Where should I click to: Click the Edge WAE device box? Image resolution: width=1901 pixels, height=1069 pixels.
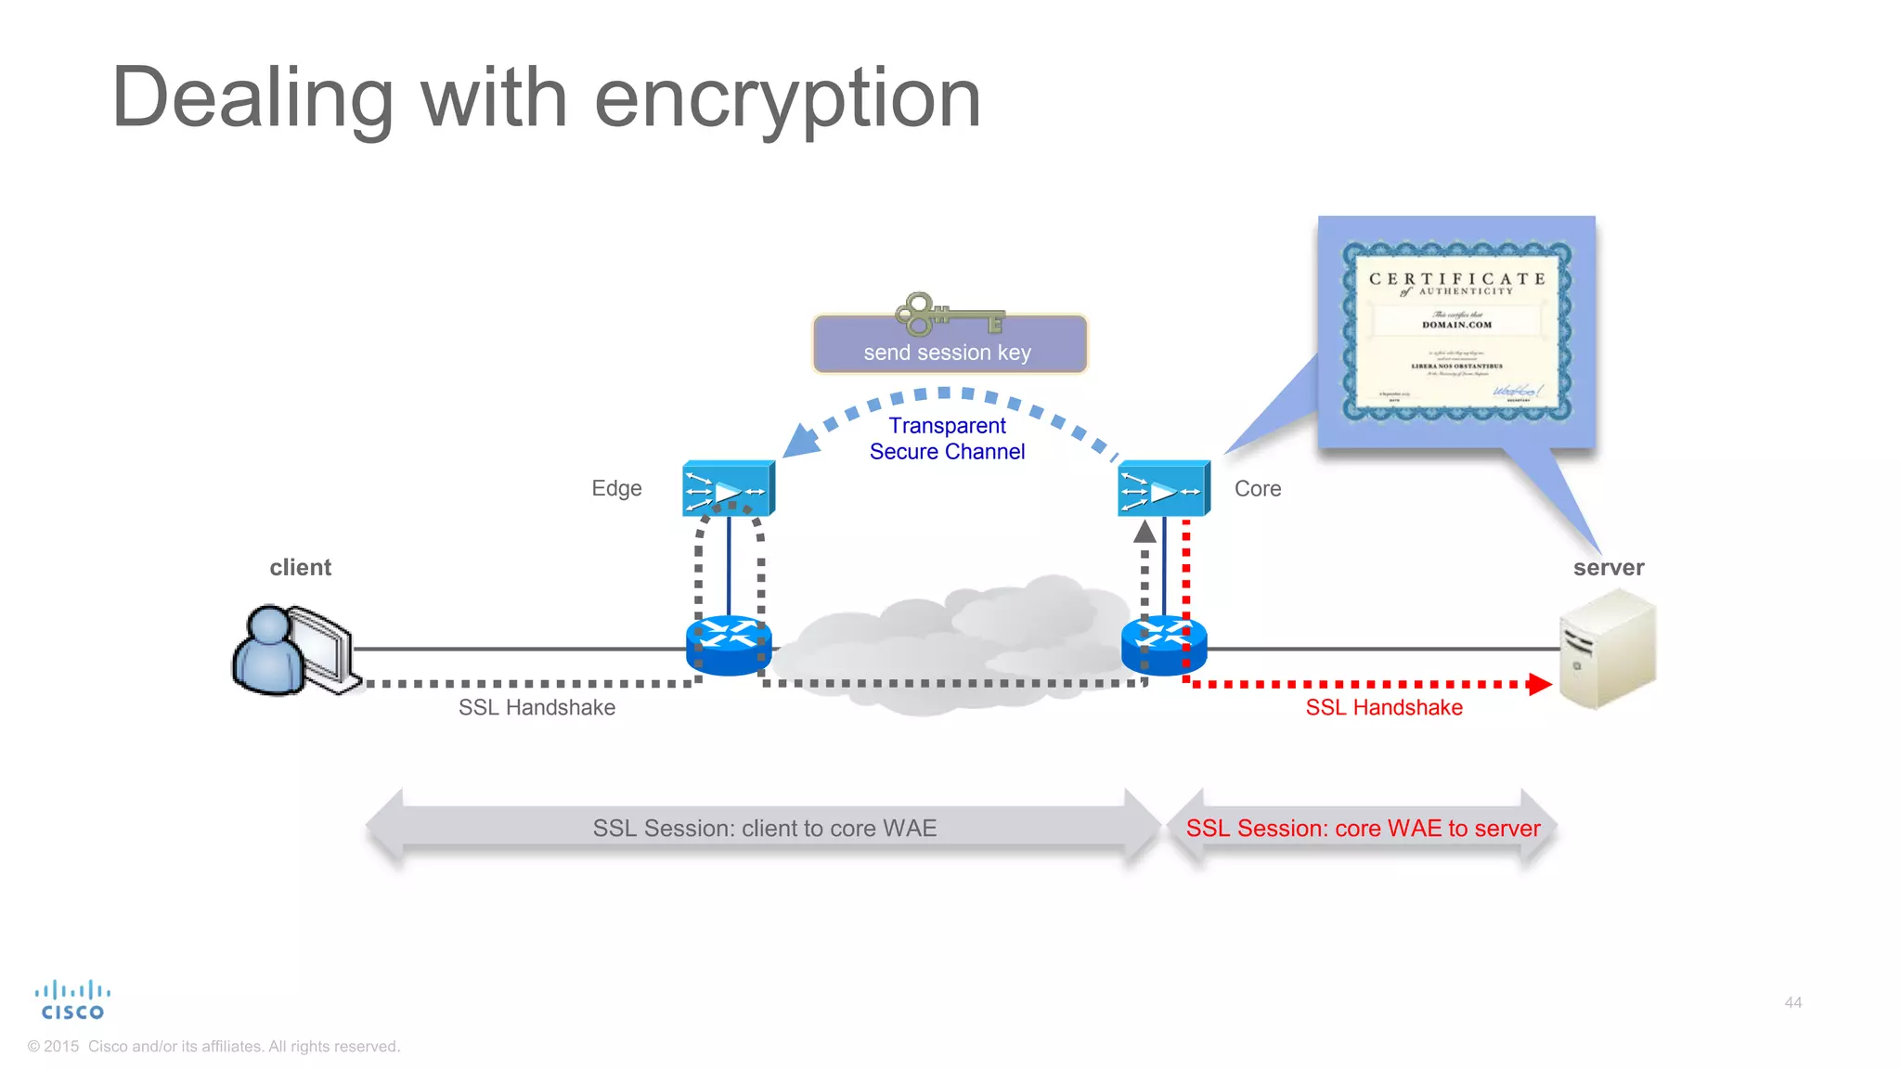coord(728,489)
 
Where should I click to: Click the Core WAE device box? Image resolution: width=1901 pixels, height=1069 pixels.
coord(1163,489)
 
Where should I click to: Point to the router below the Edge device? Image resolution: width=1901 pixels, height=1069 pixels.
coord(728,646)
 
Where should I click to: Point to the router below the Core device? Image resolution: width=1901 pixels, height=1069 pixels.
coord(1163,646)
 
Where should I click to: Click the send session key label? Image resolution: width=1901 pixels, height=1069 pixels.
coord(948,353)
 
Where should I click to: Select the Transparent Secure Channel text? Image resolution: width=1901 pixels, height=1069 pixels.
coord(947,439)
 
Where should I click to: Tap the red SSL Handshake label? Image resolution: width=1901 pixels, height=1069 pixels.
coord(1383,708)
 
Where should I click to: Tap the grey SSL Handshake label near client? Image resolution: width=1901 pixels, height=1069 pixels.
coord(537,708)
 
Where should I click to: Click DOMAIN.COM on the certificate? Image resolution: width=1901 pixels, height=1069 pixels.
coord(1456,325)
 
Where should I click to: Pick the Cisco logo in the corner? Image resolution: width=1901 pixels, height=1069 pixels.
coord(72,1000)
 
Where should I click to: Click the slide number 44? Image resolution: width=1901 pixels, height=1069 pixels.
coord(1792,1002)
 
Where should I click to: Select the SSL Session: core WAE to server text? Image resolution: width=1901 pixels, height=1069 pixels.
coord(1363,829)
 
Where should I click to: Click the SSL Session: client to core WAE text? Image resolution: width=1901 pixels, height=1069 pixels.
coord(765,829)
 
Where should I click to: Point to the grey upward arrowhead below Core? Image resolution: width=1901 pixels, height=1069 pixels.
coord(1144,532)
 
